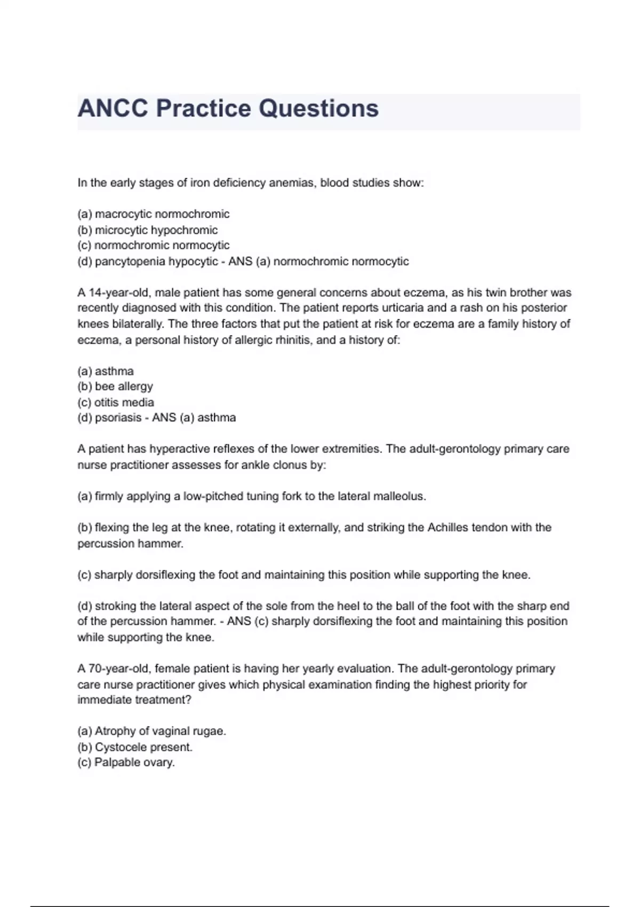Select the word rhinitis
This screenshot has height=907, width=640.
click(x=293, y=340)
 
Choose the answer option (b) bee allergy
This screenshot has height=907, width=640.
click(x=115, y=386)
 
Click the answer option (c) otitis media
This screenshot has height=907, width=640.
click(x=116, y=402)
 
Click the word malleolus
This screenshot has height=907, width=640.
click(x=398, y=496)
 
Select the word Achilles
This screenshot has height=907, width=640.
click(x=447, y=528)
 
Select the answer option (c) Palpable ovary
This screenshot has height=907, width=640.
click(x=126, y=762)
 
